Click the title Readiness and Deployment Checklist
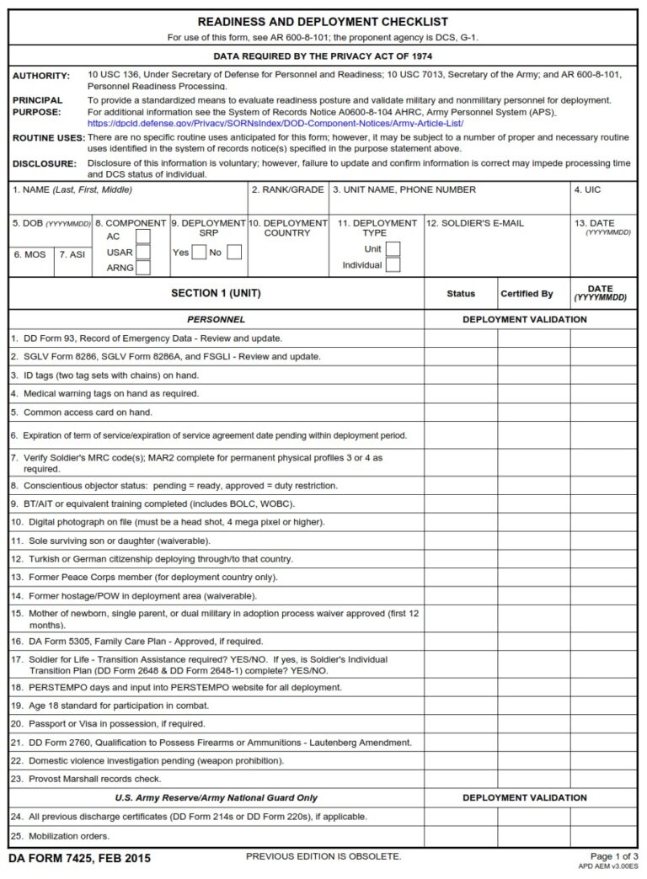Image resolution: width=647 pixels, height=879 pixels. [x=323, y=22]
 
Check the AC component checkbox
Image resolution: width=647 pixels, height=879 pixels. [x=143, y=237]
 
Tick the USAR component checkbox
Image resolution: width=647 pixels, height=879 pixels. [x=143, y=252]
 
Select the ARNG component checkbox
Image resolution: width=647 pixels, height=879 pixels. [x=143, y=268]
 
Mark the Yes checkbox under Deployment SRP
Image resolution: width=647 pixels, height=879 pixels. [x=199, y=252]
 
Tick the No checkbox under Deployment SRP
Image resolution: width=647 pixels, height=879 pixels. [x=234, y=252]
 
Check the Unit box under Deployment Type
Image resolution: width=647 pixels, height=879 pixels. [x=393, y=249]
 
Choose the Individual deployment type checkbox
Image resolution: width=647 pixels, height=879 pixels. [x=393, y=265]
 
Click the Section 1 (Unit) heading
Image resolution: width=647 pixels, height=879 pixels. [x=216, y=293]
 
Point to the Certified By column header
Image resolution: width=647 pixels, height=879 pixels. [x=527, y=294]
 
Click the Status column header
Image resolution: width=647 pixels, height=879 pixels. [x=461, y=294]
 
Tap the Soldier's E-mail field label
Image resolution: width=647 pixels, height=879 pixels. [x=475, y=223]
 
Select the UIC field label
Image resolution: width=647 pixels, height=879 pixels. [x=587, y=189]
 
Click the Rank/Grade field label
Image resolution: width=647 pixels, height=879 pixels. [x=287, y=189]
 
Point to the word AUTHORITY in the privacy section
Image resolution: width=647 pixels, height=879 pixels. [x=41, y=76]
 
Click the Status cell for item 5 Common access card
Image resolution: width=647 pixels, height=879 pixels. [x=461, y=413]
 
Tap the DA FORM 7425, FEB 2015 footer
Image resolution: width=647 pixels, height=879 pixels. [x=80, y=859]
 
